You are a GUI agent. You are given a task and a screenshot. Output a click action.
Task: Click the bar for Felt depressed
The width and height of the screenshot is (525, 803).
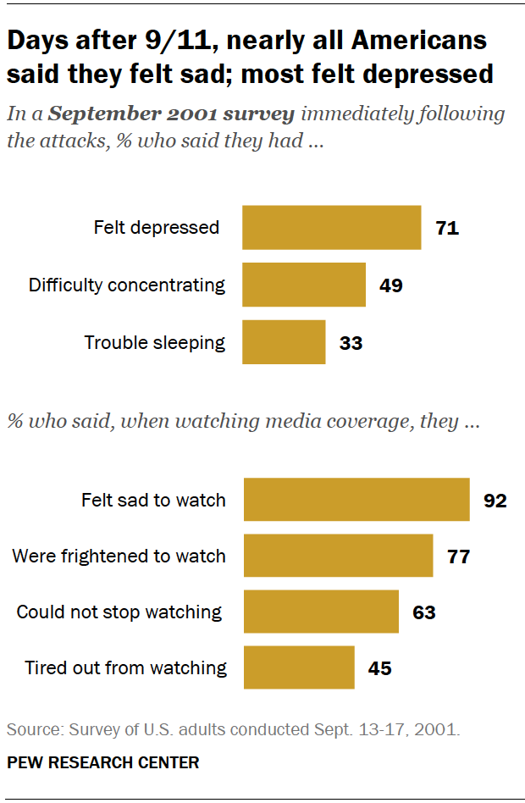pos(331,228)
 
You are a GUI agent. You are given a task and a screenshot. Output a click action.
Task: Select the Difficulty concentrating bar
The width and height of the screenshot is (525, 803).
pos(303,285)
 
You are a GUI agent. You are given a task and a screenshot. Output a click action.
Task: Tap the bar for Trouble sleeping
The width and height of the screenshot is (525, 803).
pos(284,342)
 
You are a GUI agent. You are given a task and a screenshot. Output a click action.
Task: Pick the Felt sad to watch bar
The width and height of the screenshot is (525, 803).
pos(356,500)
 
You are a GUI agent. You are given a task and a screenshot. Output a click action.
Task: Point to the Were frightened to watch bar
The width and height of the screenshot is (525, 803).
pos(338,557)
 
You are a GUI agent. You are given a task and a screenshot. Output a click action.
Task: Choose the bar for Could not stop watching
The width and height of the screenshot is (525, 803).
pos(321,612)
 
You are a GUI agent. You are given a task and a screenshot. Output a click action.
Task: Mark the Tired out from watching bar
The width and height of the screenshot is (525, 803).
pos(299,667)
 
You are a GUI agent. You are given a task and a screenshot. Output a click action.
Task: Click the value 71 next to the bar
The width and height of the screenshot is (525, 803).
pos(446,228)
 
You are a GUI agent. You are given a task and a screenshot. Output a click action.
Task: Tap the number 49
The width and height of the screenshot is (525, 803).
pos(390,285)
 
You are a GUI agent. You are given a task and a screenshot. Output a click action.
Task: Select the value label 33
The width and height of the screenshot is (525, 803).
pos(350,343)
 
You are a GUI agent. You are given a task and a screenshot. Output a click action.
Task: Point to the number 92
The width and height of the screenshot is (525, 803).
pos(495,501)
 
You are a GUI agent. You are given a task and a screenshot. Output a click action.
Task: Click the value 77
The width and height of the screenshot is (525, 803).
pos(458,557)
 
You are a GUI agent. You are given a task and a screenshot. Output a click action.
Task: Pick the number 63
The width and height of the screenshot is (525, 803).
pos(423,612)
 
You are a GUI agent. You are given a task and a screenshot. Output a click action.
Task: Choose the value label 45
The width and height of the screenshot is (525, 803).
pos(379,668)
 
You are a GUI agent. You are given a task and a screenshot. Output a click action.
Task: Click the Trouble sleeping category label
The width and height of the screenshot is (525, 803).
pos(154,343)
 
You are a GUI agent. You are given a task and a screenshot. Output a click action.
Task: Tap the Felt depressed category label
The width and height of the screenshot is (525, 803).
pos(156,228)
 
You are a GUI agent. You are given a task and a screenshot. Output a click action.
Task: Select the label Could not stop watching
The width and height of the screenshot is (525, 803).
pos(119,612)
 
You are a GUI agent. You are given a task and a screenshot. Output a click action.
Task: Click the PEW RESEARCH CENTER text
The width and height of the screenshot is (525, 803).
pos(103,762)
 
